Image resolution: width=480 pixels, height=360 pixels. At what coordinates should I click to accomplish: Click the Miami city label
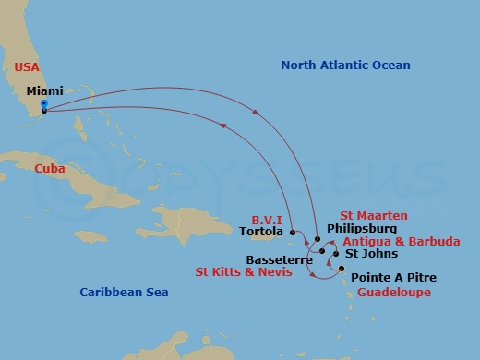coord(45,91)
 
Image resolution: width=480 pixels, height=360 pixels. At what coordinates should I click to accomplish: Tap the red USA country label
coord(28,66)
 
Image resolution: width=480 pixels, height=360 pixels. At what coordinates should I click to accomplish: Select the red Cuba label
coord(49,169)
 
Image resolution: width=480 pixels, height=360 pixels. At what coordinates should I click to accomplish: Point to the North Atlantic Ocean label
coord(345,66)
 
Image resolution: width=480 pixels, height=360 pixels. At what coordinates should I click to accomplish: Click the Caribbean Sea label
coord(123,292)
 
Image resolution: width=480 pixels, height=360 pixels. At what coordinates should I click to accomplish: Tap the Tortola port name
coord(260,232)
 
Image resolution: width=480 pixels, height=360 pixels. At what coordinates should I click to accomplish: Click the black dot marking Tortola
coord(292,232)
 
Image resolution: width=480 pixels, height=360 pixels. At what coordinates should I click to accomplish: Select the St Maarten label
coord(373,215)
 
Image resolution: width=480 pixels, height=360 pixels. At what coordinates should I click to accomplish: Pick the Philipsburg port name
coord(362,228)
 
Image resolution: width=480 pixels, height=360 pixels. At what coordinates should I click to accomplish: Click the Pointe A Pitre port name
coord(394,278)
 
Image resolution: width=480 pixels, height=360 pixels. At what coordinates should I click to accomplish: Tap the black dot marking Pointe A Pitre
coord(342,270)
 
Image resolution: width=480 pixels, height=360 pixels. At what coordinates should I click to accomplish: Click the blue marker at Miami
coord(43,104)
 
